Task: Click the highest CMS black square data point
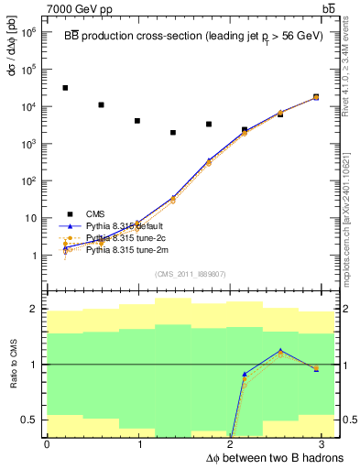(64, 88)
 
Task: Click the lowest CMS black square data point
(172, 133)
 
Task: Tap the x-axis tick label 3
(326, 444)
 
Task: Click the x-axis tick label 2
(233, 444)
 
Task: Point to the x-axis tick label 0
(47, 444)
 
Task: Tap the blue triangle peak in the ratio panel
(280, 350)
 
